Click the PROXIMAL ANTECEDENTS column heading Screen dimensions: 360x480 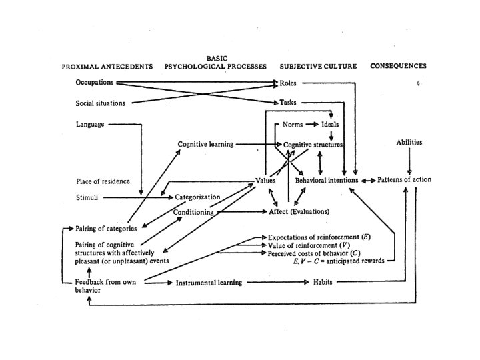click(x=107, y=67)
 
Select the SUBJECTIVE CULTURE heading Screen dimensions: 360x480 click(x=318, y=67)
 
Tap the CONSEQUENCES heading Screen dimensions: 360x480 click(x=398, y=67)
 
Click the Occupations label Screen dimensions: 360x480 click(x=95, y=83)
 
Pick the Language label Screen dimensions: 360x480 click(x=90, y=124)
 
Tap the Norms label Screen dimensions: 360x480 click(x=293, y=125)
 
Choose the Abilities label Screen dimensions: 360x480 click(x=409, y=142)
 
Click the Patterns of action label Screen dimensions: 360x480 click(x=405, y=180)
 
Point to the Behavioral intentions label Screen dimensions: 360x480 click(x=327, y=180)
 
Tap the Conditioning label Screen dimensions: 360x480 click(x=193, y=212)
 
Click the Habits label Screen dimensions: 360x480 click(x=323, y=283)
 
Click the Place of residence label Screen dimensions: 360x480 click(x=103, y=181)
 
